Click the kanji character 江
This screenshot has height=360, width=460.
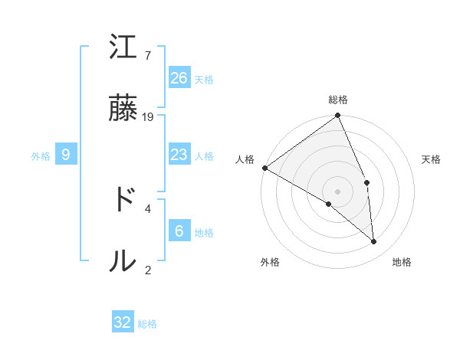point(123,48)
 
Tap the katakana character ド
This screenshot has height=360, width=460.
point(123,200)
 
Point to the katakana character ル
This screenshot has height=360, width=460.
point(123,260)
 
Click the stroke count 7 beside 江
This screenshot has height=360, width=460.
point(148,56)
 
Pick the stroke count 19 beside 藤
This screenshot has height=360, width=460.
point(148,116)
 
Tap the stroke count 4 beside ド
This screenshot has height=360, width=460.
point(148,208)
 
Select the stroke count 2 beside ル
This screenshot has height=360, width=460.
point(148,269)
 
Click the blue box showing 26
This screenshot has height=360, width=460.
point(179,77)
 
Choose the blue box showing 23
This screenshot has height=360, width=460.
point(179,155)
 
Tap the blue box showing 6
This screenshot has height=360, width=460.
point(179,231)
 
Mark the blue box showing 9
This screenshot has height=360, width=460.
point(66,155)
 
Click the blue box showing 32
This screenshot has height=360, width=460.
point(123,322)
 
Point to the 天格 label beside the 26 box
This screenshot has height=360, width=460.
point(204,79)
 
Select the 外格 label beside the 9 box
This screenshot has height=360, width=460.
point(41,156)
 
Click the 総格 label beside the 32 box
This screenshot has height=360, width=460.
point(147,324)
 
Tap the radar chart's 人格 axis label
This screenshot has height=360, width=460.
point(244,159)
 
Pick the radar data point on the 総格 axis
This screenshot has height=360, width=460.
point(337,116)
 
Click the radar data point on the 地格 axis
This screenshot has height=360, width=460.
point(373,241)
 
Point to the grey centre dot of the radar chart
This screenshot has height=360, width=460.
point(337,190)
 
